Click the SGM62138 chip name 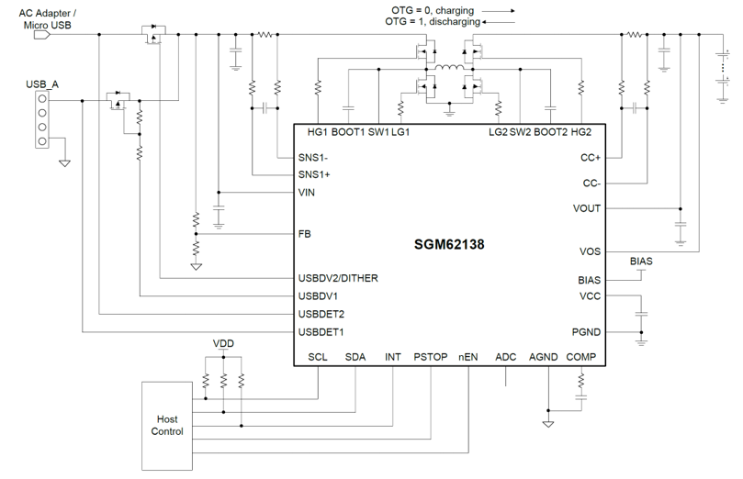(x=449, y=244)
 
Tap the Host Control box (x=167, y=426)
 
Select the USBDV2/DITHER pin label (x=338, y=278)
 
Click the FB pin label (x=304, y=234)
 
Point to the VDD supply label (x=223, y=343)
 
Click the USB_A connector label (x=42, y=84)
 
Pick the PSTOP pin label (x=430, y=357)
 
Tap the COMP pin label (x=581, y=357)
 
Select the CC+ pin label (x=591, y=158)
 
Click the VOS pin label (x=590, y=251)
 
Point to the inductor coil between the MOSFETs (x=449, y=68)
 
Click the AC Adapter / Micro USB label (x=48, y=19)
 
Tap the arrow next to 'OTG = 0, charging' (x=499, y=10)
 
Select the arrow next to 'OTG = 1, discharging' (x=499, y=22)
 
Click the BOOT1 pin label (x=348, y=132)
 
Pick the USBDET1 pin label (x=321, y=332)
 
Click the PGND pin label (x=586, y=332)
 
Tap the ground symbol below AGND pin (x=548, y=424)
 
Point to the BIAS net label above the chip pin (x=641, y=262)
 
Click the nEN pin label (x=468, y=357)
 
